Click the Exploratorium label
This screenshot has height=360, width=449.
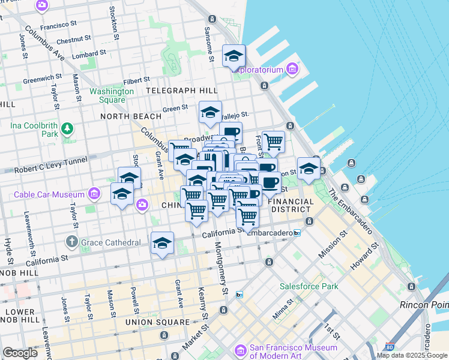(x=258, y=70)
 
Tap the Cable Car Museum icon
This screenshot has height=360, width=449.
(x=94, y=194)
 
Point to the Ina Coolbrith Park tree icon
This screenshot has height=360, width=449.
(x=67, y=128)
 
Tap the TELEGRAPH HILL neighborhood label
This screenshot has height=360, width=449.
(x=181, y=91)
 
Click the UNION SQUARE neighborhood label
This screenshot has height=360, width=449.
(x=157, y=322)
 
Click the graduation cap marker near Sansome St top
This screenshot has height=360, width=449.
(x=234, y=57)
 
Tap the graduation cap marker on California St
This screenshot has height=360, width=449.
(x=162, y=244)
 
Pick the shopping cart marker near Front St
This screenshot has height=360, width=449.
(x=273, y=142)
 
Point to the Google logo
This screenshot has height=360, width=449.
(x=20, y=353)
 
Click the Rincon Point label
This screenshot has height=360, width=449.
(x=424, y=305)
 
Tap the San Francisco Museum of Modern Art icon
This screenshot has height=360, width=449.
(x=241, y=349)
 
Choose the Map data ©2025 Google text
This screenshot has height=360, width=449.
(x=411, y=355)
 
